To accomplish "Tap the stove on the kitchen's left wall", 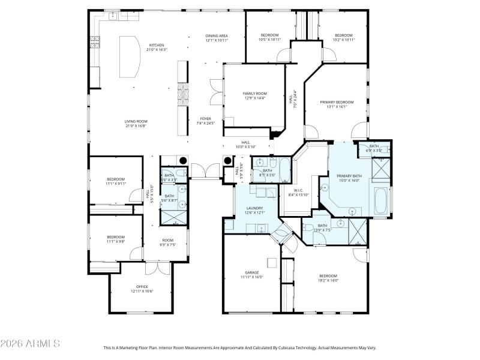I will coord(95,42).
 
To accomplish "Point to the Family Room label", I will coord(254,94).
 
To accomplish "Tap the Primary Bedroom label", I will coord(337,103).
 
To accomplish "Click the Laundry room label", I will coord(254,208).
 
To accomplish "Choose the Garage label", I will coord(251,272).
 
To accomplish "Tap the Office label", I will coord(142,286).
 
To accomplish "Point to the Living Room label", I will coord(136,121).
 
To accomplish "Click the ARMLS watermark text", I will coord(30,344).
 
